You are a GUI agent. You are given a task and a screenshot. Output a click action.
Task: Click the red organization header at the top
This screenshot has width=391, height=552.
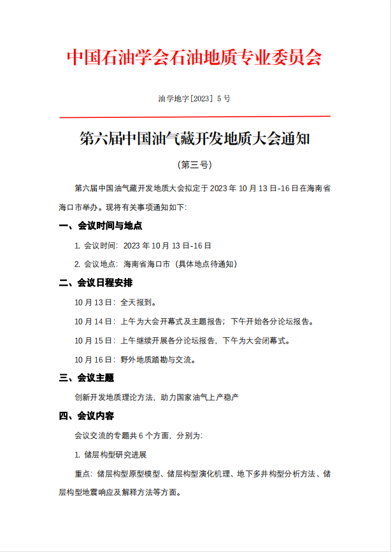point(195,57)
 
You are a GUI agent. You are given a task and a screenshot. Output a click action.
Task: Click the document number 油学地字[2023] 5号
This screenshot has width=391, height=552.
point(194,99)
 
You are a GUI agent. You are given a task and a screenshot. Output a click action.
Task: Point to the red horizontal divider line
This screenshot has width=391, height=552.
point(195,117)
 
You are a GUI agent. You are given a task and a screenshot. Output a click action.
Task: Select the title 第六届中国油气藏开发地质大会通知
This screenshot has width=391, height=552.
point(195,139)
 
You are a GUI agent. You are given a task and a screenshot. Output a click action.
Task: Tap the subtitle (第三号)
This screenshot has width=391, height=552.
point(195,164)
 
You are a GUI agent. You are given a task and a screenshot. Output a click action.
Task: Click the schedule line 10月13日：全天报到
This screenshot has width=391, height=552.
point(115,302)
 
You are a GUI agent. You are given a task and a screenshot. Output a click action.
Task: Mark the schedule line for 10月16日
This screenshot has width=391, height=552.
point(135,359)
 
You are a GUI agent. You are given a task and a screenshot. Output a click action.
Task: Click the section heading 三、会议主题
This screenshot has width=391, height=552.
point(87,378)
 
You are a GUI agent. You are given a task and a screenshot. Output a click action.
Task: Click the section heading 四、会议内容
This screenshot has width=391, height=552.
point(87,416)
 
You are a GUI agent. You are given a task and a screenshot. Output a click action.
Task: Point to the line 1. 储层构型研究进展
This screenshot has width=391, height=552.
point(111,454)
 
